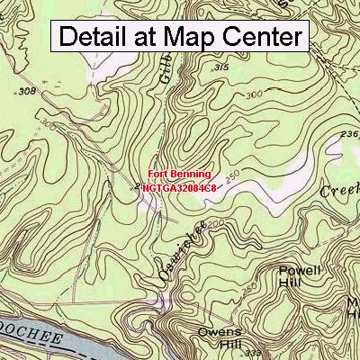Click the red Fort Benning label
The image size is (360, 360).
point(180,174)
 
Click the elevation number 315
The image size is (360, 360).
point(219,67)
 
